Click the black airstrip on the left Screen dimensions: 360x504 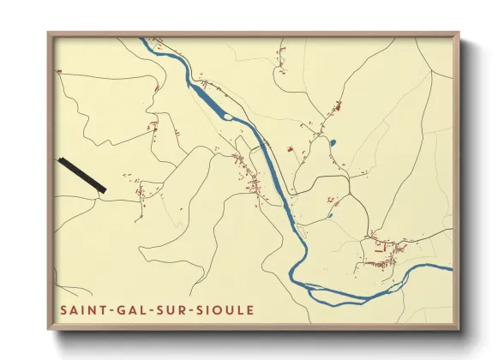click(81, 175)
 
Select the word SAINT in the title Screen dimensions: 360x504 click(80, 309)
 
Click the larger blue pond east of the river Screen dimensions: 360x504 click(333, 142)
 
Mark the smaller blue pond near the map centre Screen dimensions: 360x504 click(330, 216)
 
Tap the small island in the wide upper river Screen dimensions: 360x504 click(228, 116)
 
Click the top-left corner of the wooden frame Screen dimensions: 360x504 click(49, 33)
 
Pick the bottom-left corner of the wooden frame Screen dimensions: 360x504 click(49, 328)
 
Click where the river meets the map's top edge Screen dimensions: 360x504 click(147, 39)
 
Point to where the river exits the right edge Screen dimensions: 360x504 click(451, 266)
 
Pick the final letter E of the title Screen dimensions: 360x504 click(250, 309)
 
